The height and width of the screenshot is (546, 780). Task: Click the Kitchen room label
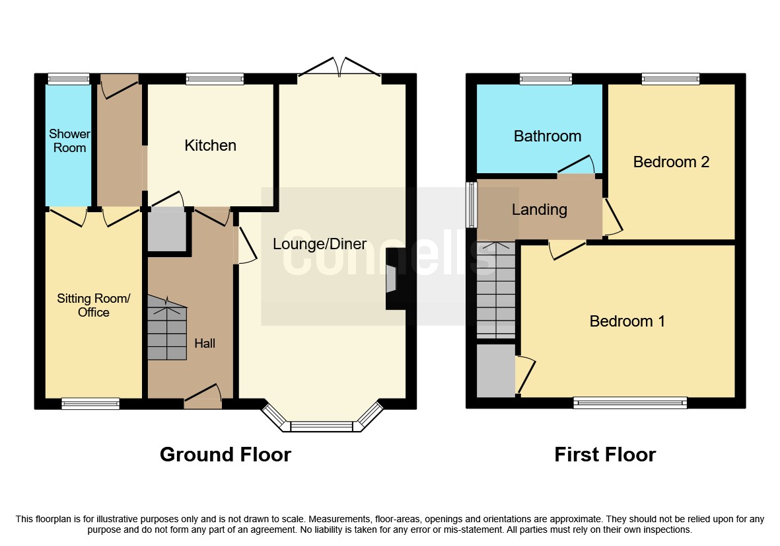tap(210, 145)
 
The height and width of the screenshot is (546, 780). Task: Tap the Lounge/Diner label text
tap(320, 244)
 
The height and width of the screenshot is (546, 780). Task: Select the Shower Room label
tap(69, 141)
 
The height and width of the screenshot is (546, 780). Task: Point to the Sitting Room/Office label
tap(94, 305)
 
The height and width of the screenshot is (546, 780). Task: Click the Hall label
tap(205, 344)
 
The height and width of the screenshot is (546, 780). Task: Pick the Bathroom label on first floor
tap(548, 136)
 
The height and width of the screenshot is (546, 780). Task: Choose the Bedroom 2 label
tap(671, 162)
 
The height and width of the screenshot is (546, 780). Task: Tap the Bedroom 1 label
tap(627, 321)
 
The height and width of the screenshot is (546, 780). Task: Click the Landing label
tap(540, 210)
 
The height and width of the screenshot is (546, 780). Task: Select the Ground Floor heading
tap(225, 455)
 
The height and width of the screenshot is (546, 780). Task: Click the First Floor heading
tap(605, 455)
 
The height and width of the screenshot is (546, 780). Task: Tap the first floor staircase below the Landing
tap(495, 291)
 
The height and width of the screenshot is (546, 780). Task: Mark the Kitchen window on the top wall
tap(215, 79)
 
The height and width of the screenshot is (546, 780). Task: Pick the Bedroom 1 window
tap(630, 403)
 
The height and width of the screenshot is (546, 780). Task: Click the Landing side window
tap(472, 205)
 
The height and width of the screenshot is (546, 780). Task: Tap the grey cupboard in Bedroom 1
tap(495, 370)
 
